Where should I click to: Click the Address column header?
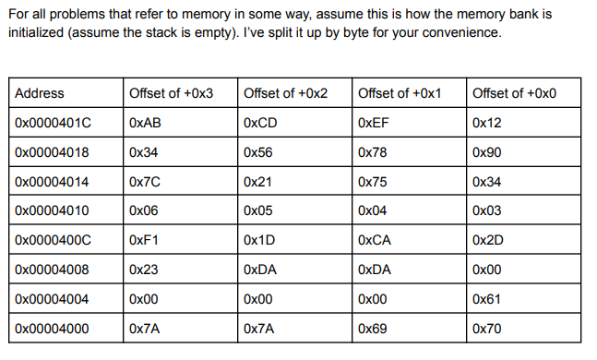tap(40, 93)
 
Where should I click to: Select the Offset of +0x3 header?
tap(171, 93)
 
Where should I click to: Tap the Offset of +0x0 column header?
tap(513, 93)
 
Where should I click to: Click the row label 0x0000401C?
tap(53, 122)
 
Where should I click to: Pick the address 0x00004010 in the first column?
tap(53, 210)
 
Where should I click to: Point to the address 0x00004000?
tap(53, 329)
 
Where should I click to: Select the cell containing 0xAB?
tap(146, 122)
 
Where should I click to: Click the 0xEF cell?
tap(373, 122)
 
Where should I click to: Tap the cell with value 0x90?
tap(485, 151)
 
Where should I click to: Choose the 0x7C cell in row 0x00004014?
tap(146, 181)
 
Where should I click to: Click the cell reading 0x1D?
tap(259, 240)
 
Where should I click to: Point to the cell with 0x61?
tap(485, 299)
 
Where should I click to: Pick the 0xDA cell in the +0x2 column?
tap(260, 270)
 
